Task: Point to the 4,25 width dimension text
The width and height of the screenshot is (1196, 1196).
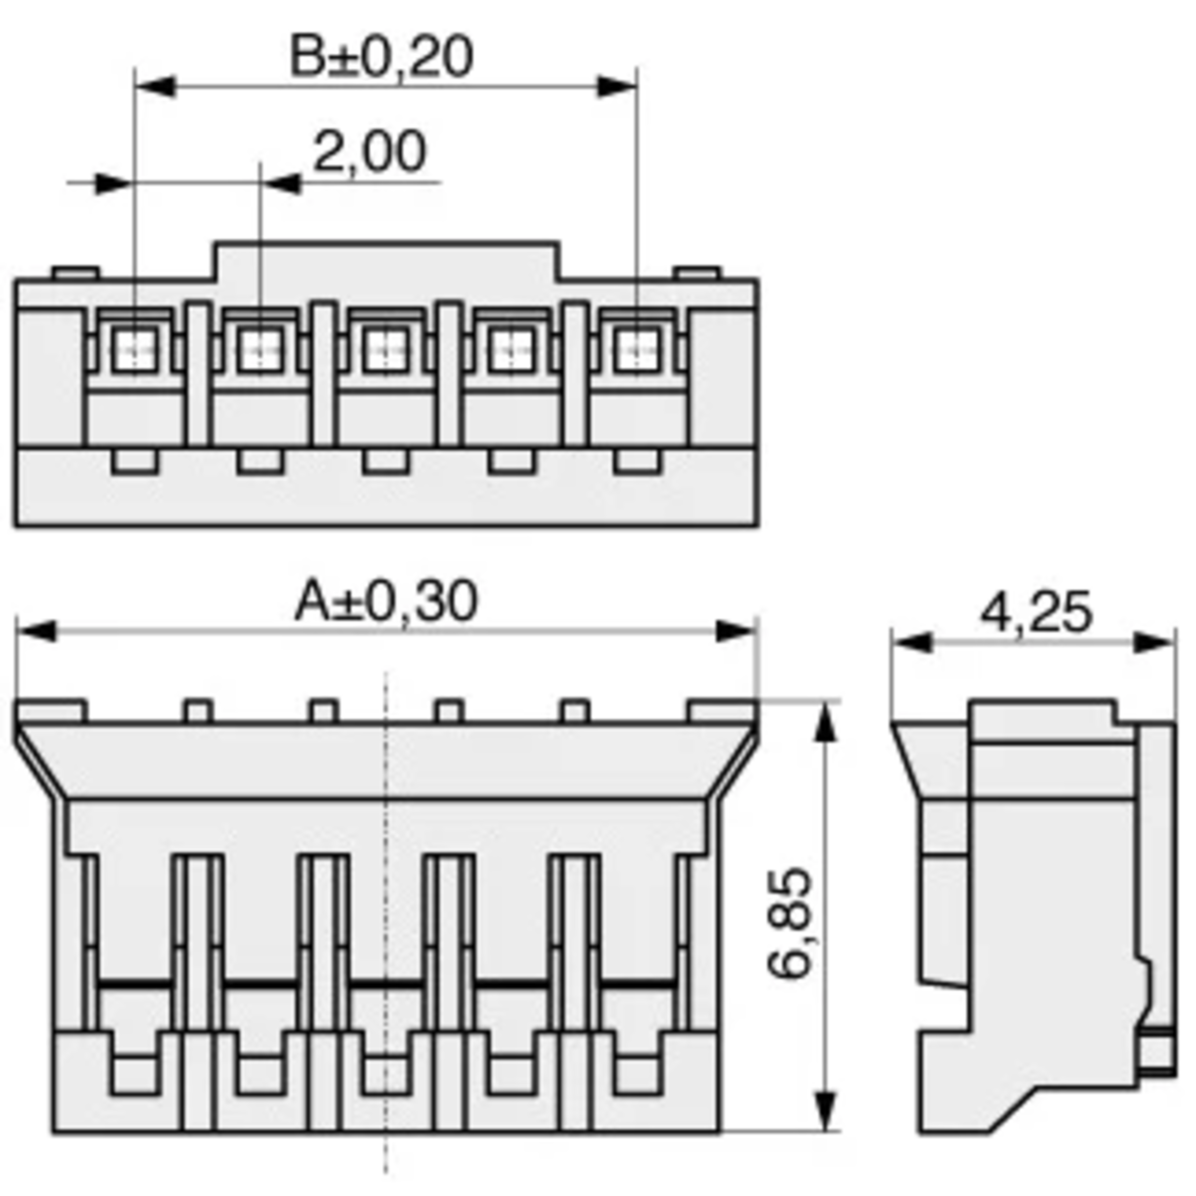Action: click(x=1037, y=613)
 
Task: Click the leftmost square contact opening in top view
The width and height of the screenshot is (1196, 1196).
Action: click(x=135, y=350)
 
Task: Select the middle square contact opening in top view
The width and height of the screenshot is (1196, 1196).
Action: click(x=386, y=350)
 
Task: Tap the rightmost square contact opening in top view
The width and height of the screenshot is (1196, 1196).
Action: click(x=636, y=350)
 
